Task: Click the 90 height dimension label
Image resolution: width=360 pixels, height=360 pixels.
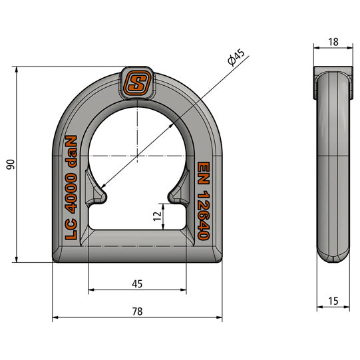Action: [x=9, y=164]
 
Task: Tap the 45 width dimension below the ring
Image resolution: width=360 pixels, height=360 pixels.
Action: [x=136, y=283]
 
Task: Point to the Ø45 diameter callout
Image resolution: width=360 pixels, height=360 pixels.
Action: [x=236, y=60]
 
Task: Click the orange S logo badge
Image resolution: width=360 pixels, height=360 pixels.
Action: [x=137, y=85]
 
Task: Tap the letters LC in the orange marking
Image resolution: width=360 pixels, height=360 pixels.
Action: [x=71, y=230]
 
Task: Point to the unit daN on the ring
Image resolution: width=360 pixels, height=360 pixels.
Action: [x=71, y=152]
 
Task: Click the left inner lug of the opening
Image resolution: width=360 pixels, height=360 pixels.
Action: [x=98, y=193]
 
